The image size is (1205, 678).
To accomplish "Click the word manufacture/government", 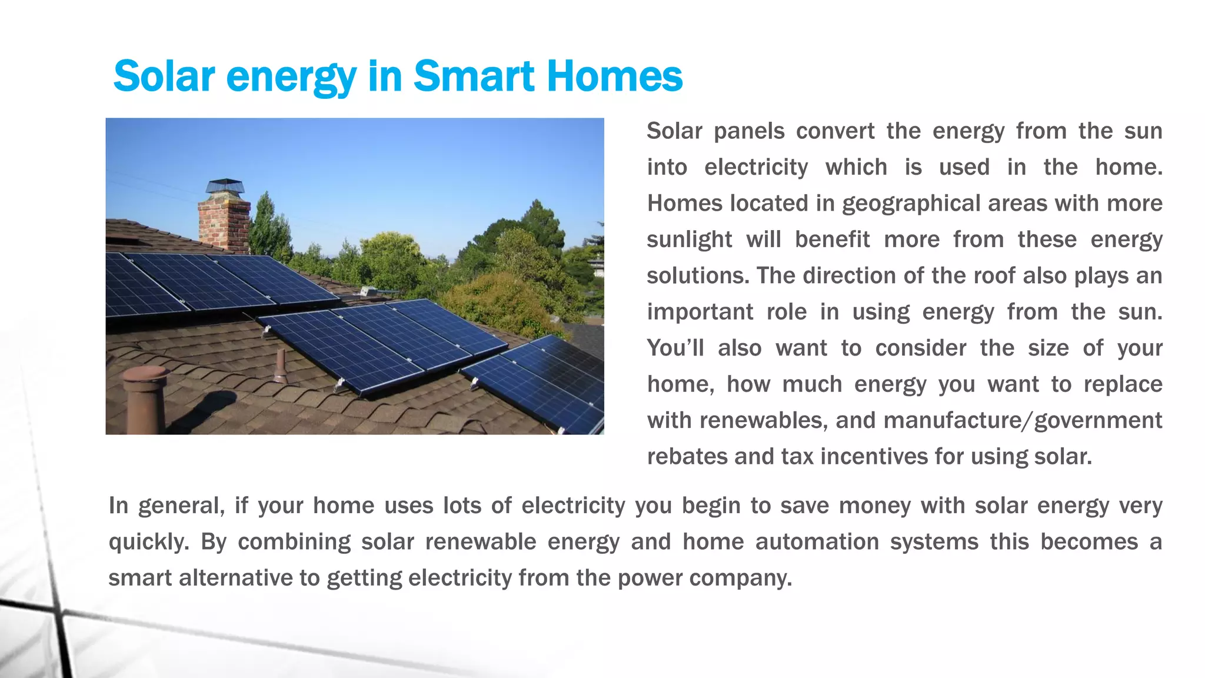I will click(x=1023, y=421).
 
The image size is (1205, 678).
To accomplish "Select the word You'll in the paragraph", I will click(x=675, y=348).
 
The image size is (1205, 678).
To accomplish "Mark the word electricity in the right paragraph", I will click(x=756, y=168).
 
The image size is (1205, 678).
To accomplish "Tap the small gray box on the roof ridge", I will click(x=370, y=291).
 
